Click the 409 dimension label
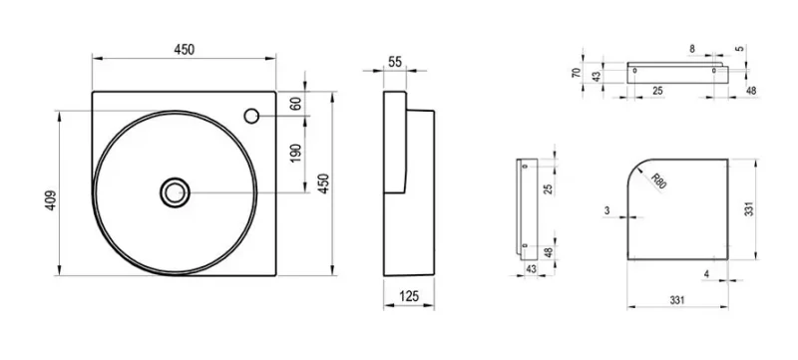[x=51, y=200]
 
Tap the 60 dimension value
[x=295, y=104]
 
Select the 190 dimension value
[x=295, y=153]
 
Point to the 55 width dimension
[x=395, y=62]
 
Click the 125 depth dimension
[x=409, y=296]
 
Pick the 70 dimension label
[x=576, y=72]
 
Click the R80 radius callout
[x=658, y=180]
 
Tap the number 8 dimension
[x=692, y=49]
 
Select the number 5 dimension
[x=740, y=49]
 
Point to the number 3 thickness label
[x=607, y=210]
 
